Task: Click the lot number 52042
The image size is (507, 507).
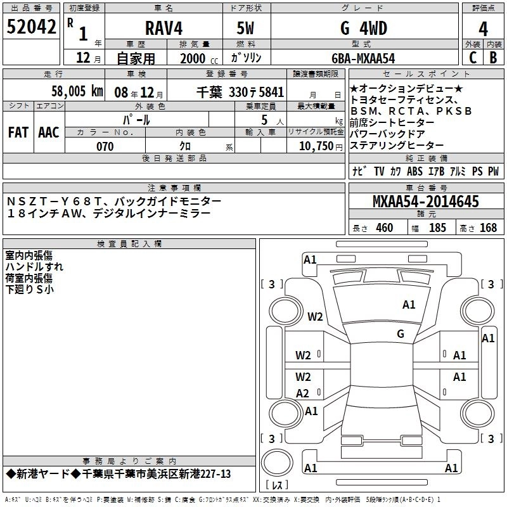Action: point(31,27)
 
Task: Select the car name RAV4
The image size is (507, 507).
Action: point(164,28)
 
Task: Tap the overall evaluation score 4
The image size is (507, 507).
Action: point(483,29)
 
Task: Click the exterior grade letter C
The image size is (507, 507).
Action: point(473,58)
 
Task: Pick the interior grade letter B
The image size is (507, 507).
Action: point(493,58)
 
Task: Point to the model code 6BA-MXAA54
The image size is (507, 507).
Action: point(363,58)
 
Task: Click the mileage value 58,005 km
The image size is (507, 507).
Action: point(77,91)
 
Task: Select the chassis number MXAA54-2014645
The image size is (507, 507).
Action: point(425,202)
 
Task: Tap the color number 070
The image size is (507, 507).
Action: point(105,146)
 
